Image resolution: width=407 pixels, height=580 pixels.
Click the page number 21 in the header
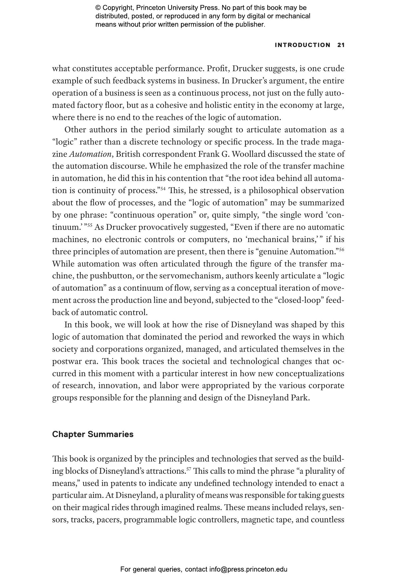click(341, 45)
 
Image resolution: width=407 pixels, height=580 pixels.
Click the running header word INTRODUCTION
click(302, 45)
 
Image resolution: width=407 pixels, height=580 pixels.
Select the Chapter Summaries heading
click(93, 434)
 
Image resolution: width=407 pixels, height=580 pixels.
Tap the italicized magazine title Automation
click(90, 154)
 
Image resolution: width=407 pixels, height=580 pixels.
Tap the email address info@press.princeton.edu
click(248, 569)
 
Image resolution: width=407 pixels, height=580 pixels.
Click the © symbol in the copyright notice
click(98, 8)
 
